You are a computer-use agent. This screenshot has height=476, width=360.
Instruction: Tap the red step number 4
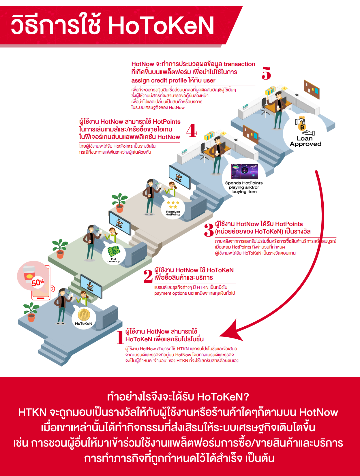coord(191,130)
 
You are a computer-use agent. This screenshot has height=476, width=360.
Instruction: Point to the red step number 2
coord(148,276)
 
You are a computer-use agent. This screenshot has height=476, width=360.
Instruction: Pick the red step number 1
coord(120,337)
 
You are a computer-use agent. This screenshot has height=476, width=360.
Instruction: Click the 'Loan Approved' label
coord(305,141)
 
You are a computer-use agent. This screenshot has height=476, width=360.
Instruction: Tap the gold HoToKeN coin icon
coord(84,315)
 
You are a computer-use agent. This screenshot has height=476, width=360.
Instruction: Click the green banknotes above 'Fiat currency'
coord(114,251)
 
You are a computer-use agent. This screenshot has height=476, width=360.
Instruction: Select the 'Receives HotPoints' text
coord(173,213)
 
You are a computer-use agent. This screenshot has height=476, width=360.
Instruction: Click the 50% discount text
coord(38,283)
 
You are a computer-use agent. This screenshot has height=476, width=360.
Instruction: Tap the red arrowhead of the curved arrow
coord(231,332)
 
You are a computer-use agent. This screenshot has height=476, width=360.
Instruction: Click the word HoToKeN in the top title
coord(161,26)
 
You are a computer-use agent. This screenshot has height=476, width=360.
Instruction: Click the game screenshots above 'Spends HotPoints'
coord(245,171)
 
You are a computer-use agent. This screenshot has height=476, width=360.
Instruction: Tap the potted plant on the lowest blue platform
coord(31,312)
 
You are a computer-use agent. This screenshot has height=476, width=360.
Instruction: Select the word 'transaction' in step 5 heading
coord(239,64)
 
